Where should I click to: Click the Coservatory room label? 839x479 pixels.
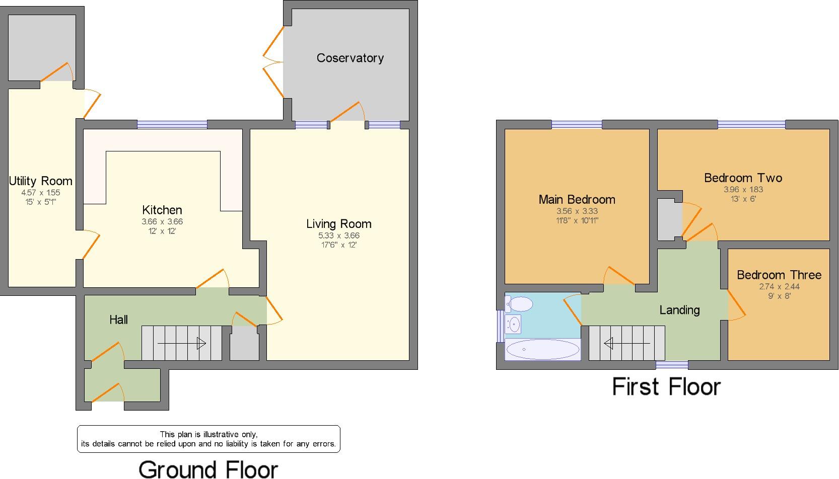tap(350, 58)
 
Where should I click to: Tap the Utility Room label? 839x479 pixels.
tap(40, 181)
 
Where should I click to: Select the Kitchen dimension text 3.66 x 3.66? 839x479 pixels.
tap(162, 221)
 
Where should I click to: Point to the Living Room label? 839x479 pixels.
tap(338, 224)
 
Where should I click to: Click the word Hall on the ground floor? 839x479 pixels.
tap(119, 320)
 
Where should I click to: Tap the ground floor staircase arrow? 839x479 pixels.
tap(181, 344)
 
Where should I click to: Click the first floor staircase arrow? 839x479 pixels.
tap(626, 344)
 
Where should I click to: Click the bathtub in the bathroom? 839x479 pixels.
tap(542, 349)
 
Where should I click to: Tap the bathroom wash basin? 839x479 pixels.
tap(514, 325)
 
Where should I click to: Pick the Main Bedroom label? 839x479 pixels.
tap(577, 200)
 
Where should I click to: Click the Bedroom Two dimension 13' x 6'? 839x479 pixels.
tap(743, 199)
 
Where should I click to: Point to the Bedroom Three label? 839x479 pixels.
tap(779, 275)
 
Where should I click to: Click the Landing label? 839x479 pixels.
tap(679, 310)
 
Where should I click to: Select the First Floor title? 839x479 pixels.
tap(666, 387)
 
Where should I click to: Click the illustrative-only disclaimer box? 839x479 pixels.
tap(208, 439)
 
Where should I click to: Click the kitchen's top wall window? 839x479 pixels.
tap(172, 124)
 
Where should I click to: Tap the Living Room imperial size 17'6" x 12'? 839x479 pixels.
tap(338, 245)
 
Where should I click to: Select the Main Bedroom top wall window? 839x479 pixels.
tap(577, 124)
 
